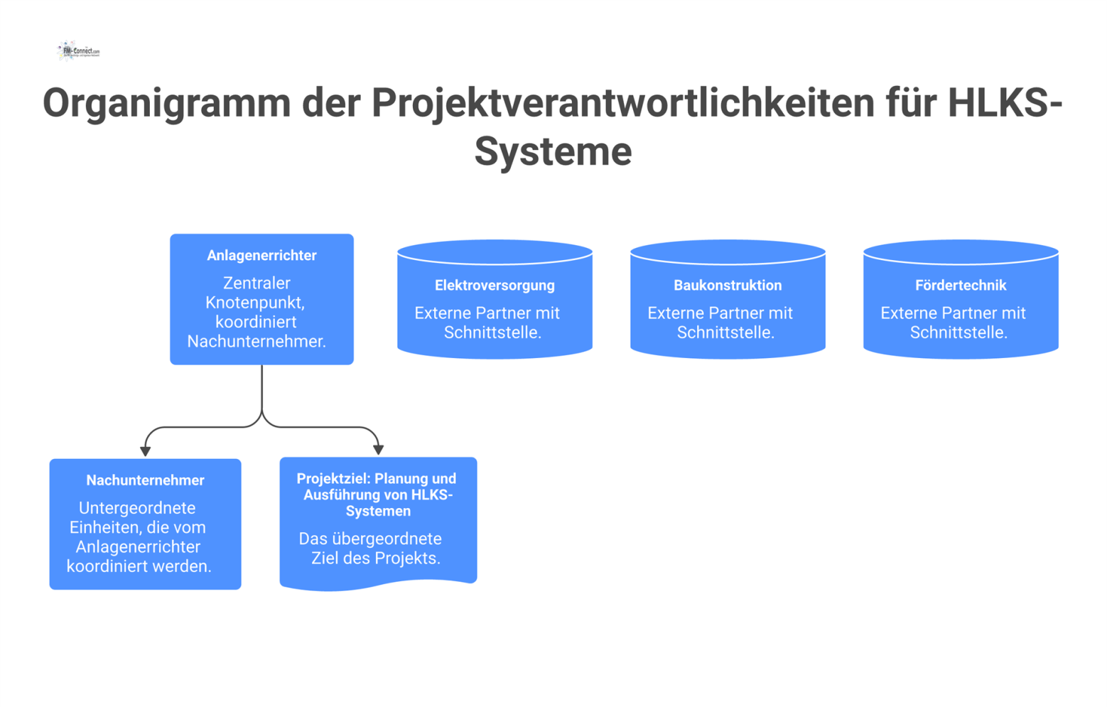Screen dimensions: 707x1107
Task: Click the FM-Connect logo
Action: [x=78, y=51]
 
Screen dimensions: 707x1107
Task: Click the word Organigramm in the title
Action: [x=167, y=103]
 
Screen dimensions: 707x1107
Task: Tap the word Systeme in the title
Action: [x=553, y=151]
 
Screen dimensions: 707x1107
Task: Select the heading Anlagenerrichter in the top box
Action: [x=261, y=256]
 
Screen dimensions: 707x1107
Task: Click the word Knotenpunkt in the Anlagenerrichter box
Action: [x=255, y=303]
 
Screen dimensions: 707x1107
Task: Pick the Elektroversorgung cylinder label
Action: [x=495, y=286]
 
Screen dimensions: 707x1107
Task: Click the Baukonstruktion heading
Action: [x=728, y=286]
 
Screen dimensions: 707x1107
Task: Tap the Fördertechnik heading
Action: [x=961, y=286]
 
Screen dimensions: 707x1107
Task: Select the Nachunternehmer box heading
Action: [x=145, y=481]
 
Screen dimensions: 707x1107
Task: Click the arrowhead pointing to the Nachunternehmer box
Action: [x=146, y=450]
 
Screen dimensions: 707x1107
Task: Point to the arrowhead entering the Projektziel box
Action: [x=379, y=449]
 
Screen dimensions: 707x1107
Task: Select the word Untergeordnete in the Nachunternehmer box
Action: [x=137, y=509]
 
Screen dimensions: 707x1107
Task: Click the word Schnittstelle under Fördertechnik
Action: [x=958, y=333]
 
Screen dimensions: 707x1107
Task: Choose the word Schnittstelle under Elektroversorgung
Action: [x=492, y=333]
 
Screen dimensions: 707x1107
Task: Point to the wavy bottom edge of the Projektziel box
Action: [x=378, y=586]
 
